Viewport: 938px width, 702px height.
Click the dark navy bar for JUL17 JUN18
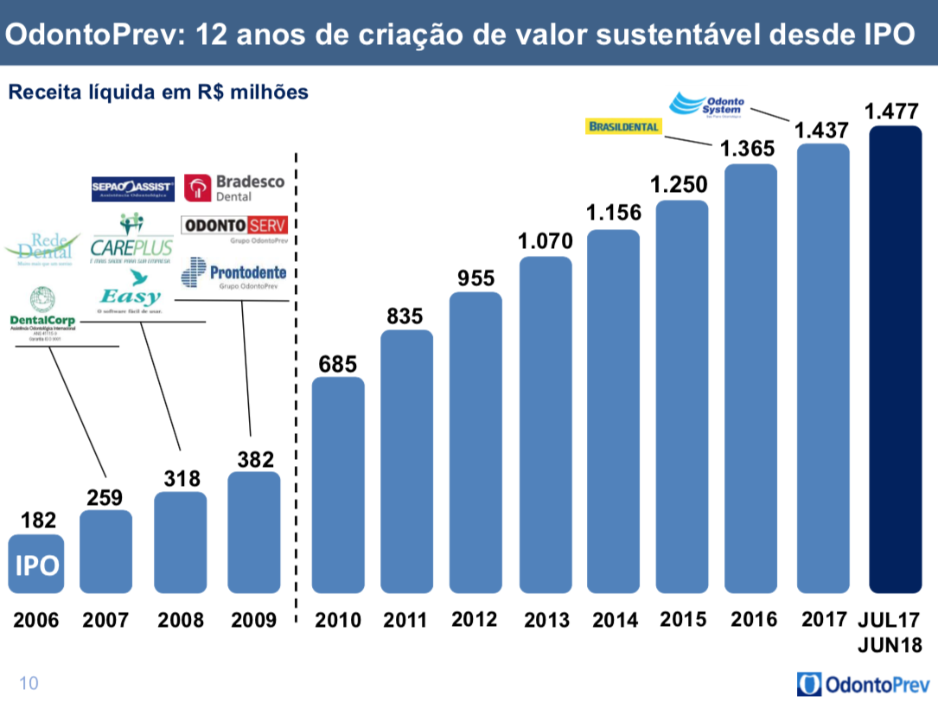[895, 360]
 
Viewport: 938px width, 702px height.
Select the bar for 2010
[338, 485]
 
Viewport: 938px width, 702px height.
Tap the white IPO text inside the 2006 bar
[36, 565]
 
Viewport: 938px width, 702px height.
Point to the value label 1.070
[545, 242]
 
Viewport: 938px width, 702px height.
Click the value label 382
[256, 458]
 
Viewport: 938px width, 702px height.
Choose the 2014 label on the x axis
[615, 620]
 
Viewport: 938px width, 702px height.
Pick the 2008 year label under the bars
[181, 620]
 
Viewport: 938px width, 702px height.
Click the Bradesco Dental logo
[235, 188]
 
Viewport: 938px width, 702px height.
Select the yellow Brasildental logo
[623, 127]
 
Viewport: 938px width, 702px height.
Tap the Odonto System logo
[708, 105]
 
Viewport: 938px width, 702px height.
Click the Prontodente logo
[234, 273]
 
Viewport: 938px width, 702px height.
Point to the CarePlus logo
[131, 238]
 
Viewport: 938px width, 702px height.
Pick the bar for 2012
[476, 442]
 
